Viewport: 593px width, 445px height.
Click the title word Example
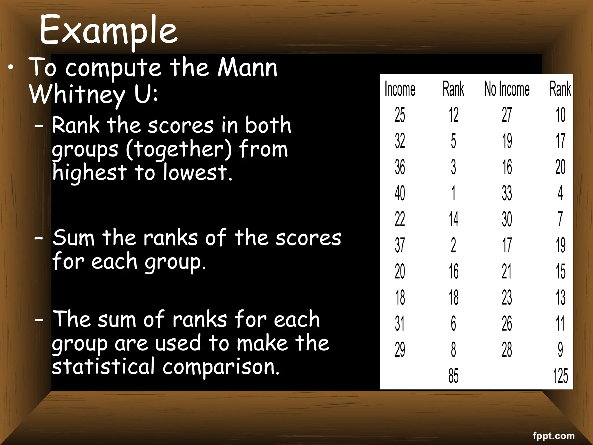click(108, 30)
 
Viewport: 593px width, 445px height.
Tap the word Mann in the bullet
click(248, 68)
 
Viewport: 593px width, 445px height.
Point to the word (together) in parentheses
click(179, 149)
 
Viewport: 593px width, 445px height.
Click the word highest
click(89, 172)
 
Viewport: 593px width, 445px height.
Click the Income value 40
click(400, 193)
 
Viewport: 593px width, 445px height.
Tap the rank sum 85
click(453, 376)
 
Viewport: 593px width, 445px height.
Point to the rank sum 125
click(560, 376)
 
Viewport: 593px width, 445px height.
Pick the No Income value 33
click(507, 193)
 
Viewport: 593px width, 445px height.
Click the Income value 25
click(400, 115)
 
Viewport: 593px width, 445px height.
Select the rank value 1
click(453, 193)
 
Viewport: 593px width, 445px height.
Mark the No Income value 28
click(507, 350)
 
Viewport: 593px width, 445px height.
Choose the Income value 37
click(400, 245)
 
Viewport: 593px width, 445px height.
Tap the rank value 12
click(453, 115)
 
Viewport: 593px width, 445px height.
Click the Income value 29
click(400, 350)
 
